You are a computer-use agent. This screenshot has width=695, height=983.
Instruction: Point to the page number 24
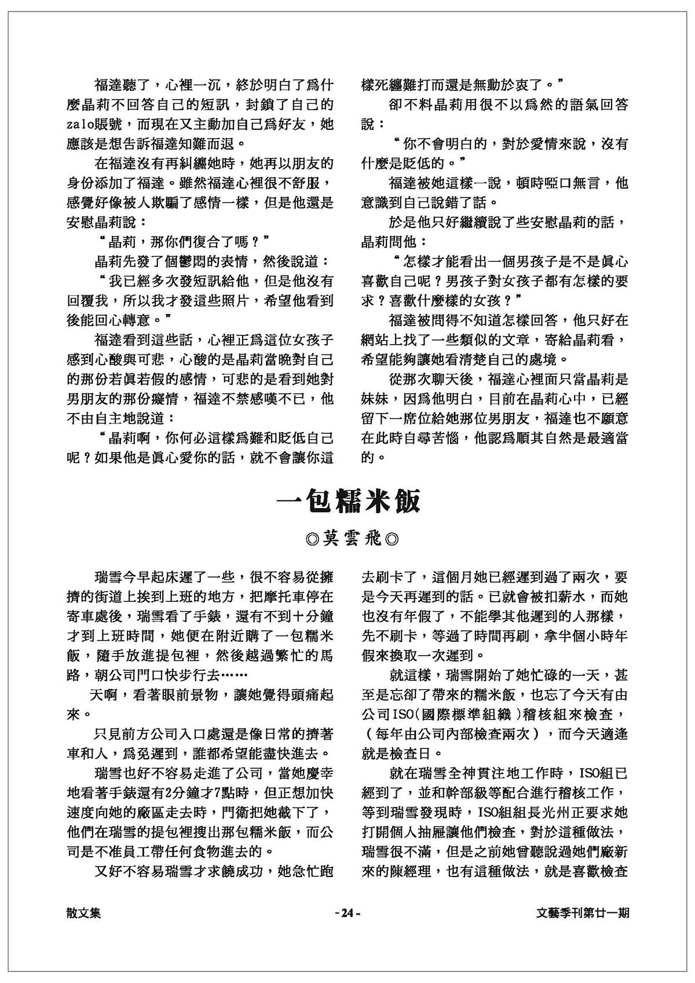coord(348,913)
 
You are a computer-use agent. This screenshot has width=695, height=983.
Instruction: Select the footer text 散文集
coord(84,913)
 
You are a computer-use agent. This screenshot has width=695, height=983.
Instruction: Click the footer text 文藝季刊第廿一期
coord(583,913)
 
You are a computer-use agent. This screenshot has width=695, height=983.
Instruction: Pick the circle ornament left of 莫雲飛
coord(312,540)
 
